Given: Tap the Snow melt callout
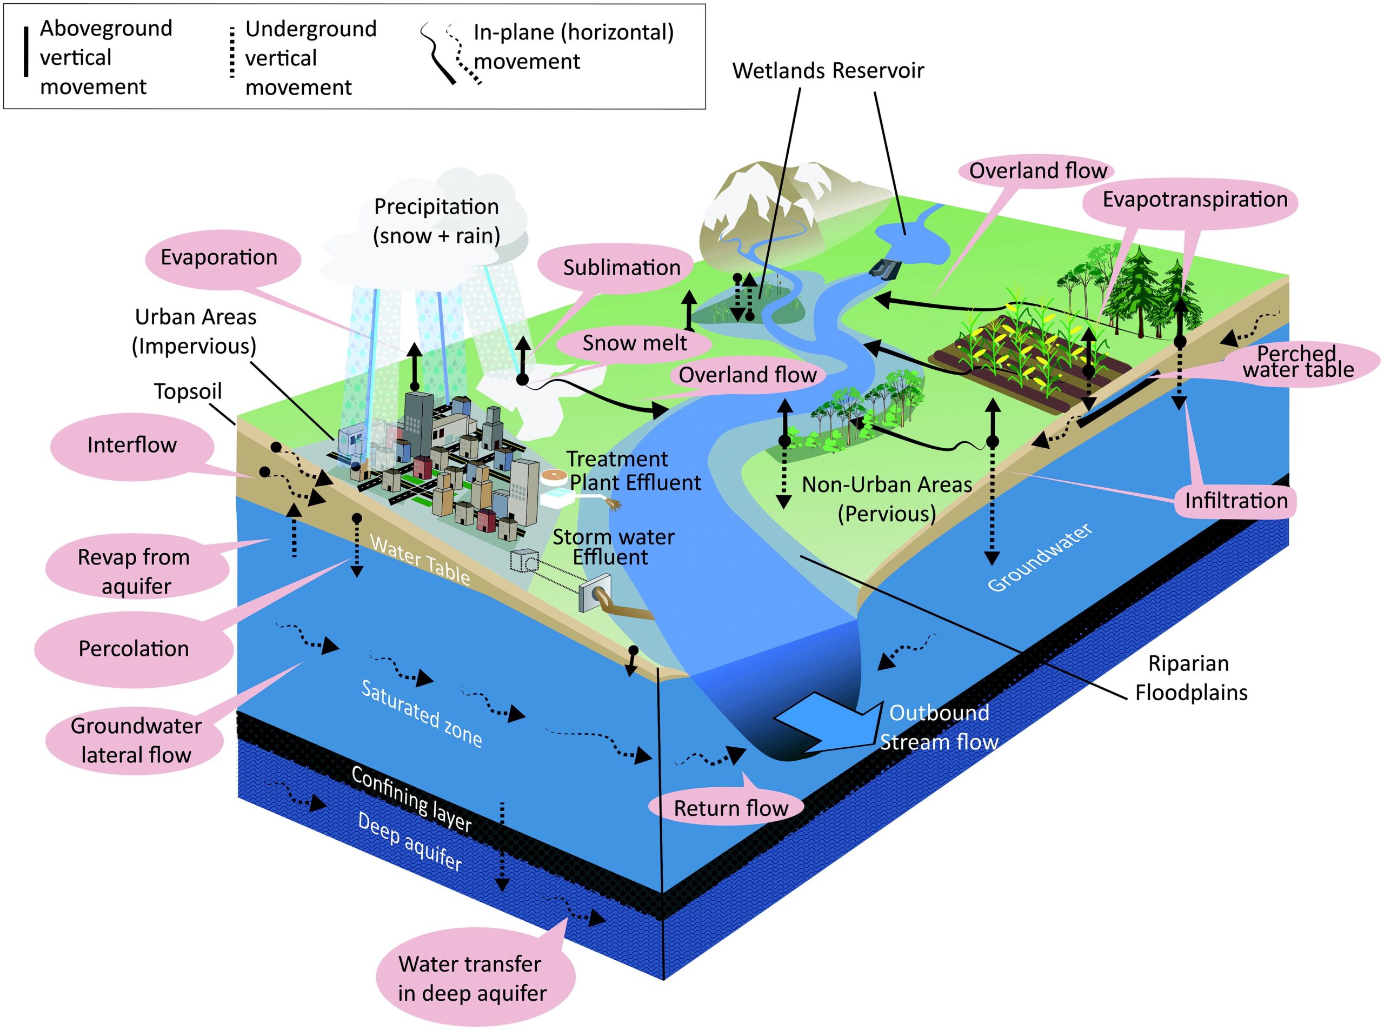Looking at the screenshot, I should click(x=634, y=343).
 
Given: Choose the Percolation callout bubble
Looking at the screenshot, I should click(x=134, y=649).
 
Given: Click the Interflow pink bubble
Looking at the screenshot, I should click(x=131, y=445).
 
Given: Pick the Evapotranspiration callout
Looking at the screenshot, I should click(x=1193, y=200).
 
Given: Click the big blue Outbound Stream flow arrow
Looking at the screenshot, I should click(x=829, y=723).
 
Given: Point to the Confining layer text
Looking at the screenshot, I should click(x=411, y=799).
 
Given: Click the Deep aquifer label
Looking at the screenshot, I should click(x=410, y=842).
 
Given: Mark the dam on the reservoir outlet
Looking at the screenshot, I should click(x=885, y=269).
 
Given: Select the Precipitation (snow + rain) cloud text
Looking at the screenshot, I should click(x=436, y=221).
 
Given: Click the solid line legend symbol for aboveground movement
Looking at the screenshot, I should click(x=25, y=52).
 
